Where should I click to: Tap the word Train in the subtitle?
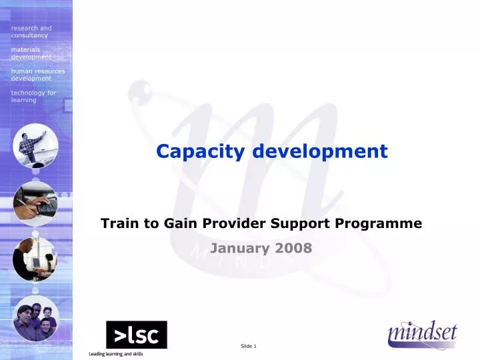[117, 223]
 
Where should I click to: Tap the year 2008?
[291, 249]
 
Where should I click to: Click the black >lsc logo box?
[137, 335]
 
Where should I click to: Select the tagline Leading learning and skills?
[116, 353]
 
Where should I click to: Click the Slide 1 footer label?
[248, 345]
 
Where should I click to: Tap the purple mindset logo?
[423, 334]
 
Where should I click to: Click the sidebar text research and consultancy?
[31, 31]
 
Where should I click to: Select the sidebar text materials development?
[31, 53]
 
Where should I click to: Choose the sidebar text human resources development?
[37, 74]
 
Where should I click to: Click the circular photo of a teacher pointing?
[35, 146]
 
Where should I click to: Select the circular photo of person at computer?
[35, 259]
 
